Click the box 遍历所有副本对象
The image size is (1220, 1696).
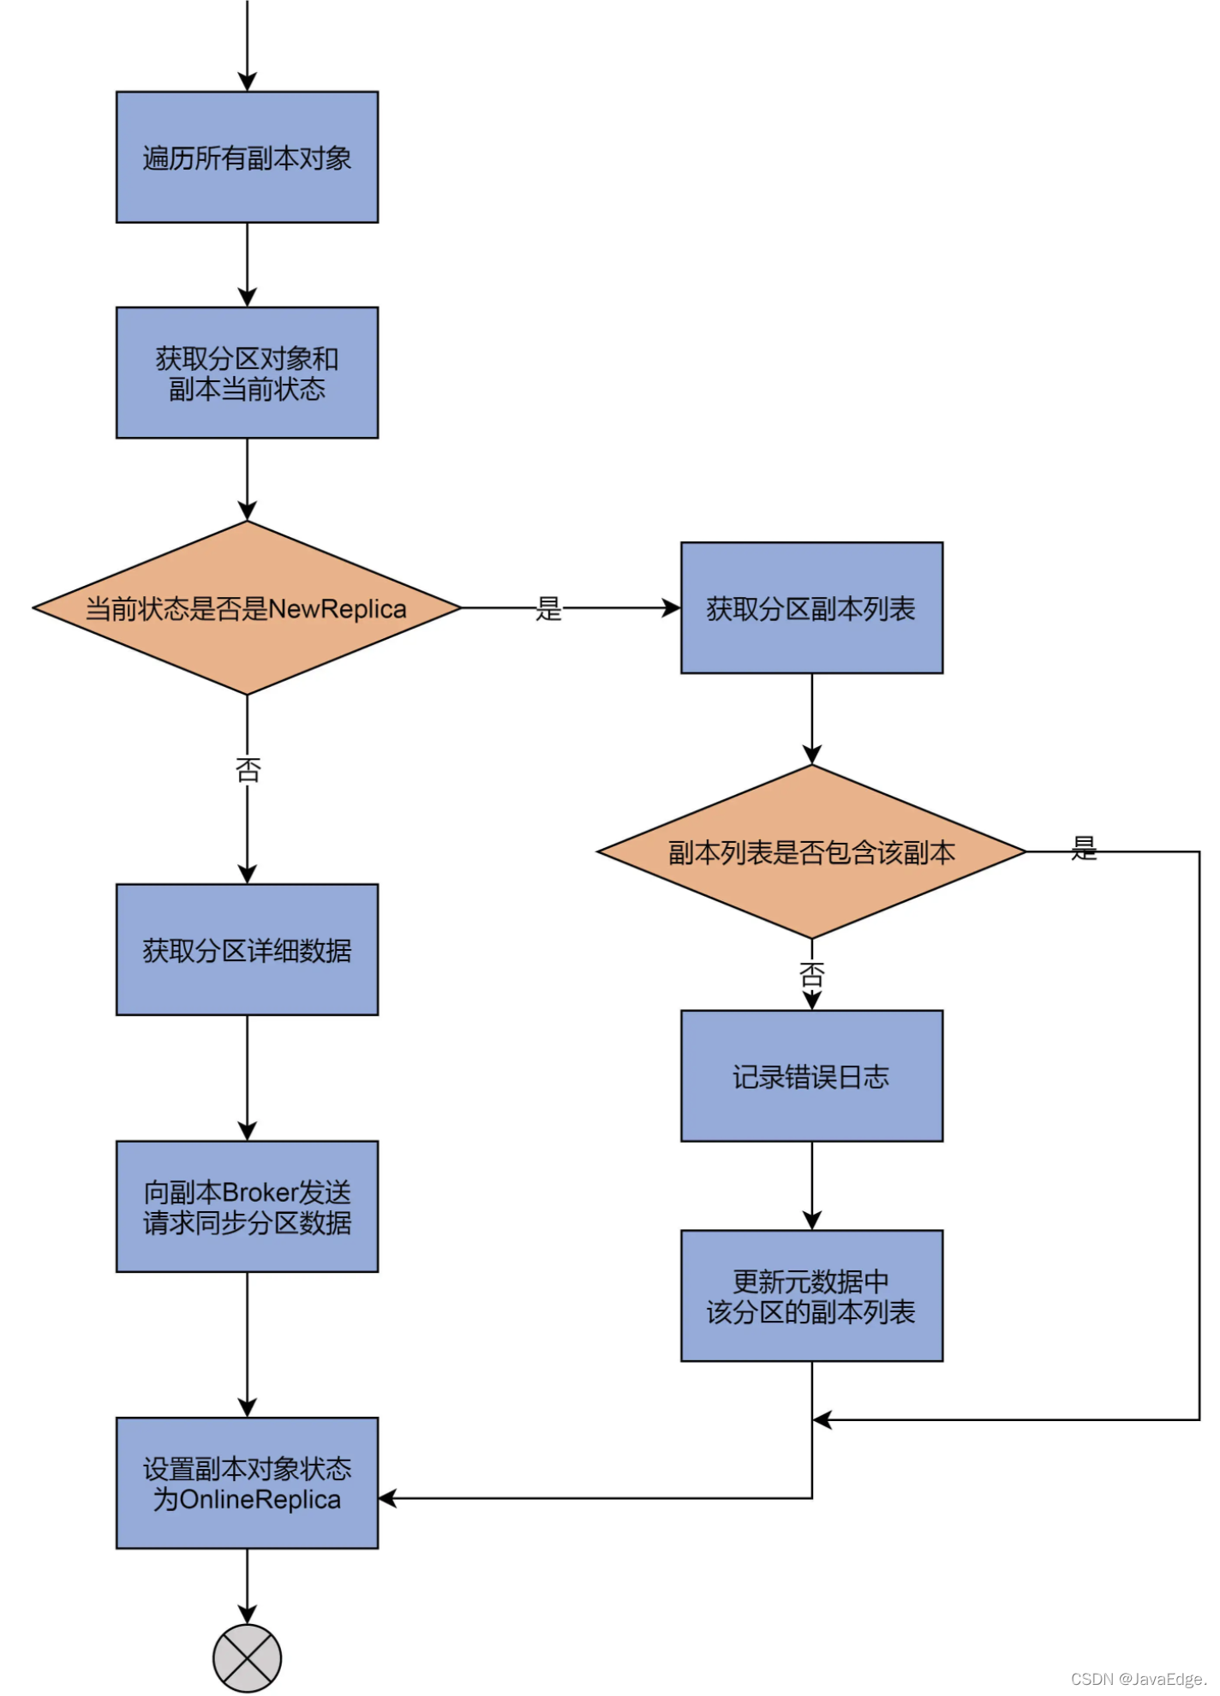247,158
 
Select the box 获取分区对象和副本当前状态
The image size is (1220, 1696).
247,373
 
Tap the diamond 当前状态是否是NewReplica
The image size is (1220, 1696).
247,608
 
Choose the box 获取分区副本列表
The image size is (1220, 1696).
811,608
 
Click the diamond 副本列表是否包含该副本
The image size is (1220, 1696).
811,851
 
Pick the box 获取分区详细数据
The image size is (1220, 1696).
247,950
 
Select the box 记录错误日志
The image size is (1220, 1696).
811,1076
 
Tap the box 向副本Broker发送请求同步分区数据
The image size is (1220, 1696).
247,1206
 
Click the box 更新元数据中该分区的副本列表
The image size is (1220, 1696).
811,1296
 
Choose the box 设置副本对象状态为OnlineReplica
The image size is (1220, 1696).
247,1483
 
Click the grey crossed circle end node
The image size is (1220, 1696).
247,1658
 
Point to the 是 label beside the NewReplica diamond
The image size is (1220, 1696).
548,609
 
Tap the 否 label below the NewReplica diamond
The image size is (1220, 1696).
248,770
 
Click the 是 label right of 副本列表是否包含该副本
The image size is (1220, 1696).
1084,848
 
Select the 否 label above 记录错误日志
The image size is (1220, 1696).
811,974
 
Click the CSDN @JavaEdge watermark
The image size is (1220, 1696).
1139,1679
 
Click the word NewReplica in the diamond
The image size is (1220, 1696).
338,609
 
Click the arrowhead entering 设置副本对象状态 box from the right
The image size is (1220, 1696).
387,1498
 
